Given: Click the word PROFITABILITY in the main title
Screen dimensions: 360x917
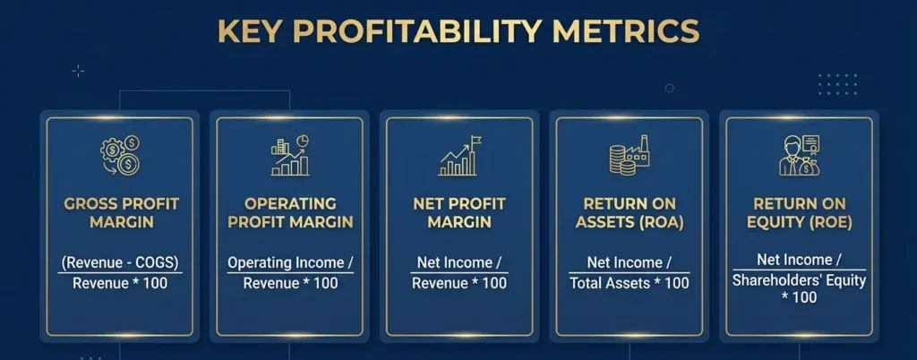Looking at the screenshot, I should pyautogui.click(x=417, y=31).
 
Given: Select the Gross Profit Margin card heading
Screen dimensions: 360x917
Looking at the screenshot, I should pyautogui.click(x=120, y=212).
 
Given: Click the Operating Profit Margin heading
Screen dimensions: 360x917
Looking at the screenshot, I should pyautogui.click(x=289, y=212).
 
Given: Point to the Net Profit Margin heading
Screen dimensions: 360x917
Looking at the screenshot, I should pyautogui.click(x=458, y=212).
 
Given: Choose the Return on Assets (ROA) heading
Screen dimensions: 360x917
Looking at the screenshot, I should pyautogui.click(x=629, y=212).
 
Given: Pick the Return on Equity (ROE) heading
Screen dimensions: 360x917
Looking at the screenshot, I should pyautogui.click(x=799, y=212).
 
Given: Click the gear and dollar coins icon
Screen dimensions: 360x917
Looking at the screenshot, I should pyautogui.click(x=120, y=155).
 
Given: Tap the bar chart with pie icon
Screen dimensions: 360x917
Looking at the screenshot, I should pyautogui.click(x=289, y=156).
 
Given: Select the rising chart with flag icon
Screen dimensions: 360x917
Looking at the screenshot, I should pyautogui.click(x=458, y=156).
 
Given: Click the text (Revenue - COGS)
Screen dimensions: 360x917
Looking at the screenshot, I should pyautogui.click(x=120, y=262).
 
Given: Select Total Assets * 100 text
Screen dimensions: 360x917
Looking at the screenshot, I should pyautogui.click(x=629, y=283).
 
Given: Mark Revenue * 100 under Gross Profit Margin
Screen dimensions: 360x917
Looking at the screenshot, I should pyautogui.click(x=120, y=283).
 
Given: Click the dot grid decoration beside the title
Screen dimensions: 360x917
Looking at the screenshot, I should pyautogui.click(x=837, y=84).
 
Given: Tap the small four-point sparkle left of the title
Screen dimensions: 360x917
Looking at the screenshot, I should pyautogui.click(x=78, y=71).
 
